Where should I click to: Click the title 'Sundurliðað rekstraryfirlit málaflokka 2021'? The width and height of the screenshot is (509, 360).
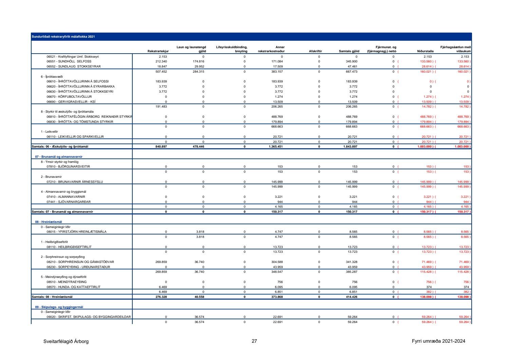click(x=63, y=37)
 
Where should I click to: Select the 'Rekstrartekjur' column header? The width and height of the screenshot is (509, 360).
click(x=158, y=51)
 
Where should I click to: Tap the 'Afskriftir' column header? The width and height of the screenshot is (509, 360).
click(x=315, y=51)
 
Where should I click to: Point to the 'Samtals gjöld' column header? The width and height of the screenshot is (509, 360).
click(x=349, y=51)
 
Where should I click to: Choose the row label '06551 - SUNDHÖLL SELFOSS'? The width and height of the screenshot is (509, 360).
click(x=69, y=61)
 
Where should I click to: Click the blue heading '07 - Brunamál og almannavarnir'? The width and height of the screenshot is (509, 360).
click(x=59, y=157)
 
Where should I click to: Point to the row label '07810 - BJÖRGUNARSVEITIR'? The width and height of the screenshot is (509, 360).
click(x=68, y=167)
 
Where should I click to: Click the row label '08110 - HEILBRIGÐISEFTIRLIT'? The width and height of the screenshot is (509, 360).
click(x=69, y=247)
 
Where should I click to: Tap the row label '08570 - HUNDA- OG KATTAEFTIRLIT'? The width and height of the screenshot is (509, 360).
click(x=73, y=287)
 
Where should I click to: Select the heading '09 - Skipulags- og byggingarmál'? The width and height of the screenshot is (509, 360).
click(x=59, y=307)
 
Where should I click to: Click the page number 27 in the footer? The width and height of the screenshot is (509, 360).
click(x=254, y=341)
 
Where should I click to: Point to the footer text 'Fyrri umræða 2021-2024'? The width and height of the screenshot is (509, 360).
click(x=438, y=341)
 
